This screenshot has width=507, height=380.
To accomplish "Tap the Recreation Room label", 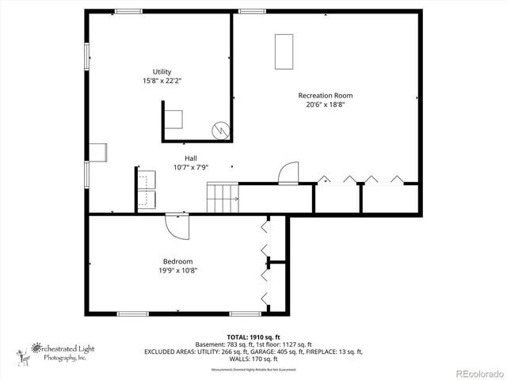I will (326, 95).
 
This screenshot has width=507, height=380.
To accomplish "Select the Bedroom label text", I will (178, 261).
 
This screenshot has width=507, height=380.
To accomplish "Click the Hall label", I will (191, 158).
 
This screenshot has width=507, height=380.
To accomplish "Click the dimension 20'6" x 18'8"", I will (326, 104).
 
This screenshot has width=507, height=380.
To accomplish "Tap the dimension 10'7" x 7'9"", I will (191, 167).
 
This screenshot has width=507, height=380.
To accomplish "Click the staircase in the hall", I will (223, 197).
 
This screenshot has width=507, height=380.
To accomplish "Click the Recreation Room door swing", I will (288, 173).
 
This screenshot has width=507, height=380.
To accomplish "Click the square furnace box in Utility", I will (173, 119).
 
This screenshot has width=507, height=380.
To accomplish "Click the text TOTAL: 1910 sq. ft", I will (253, 336).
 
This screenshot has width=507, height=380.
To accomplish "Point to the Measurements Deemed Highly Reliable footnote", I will (253, 370).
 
